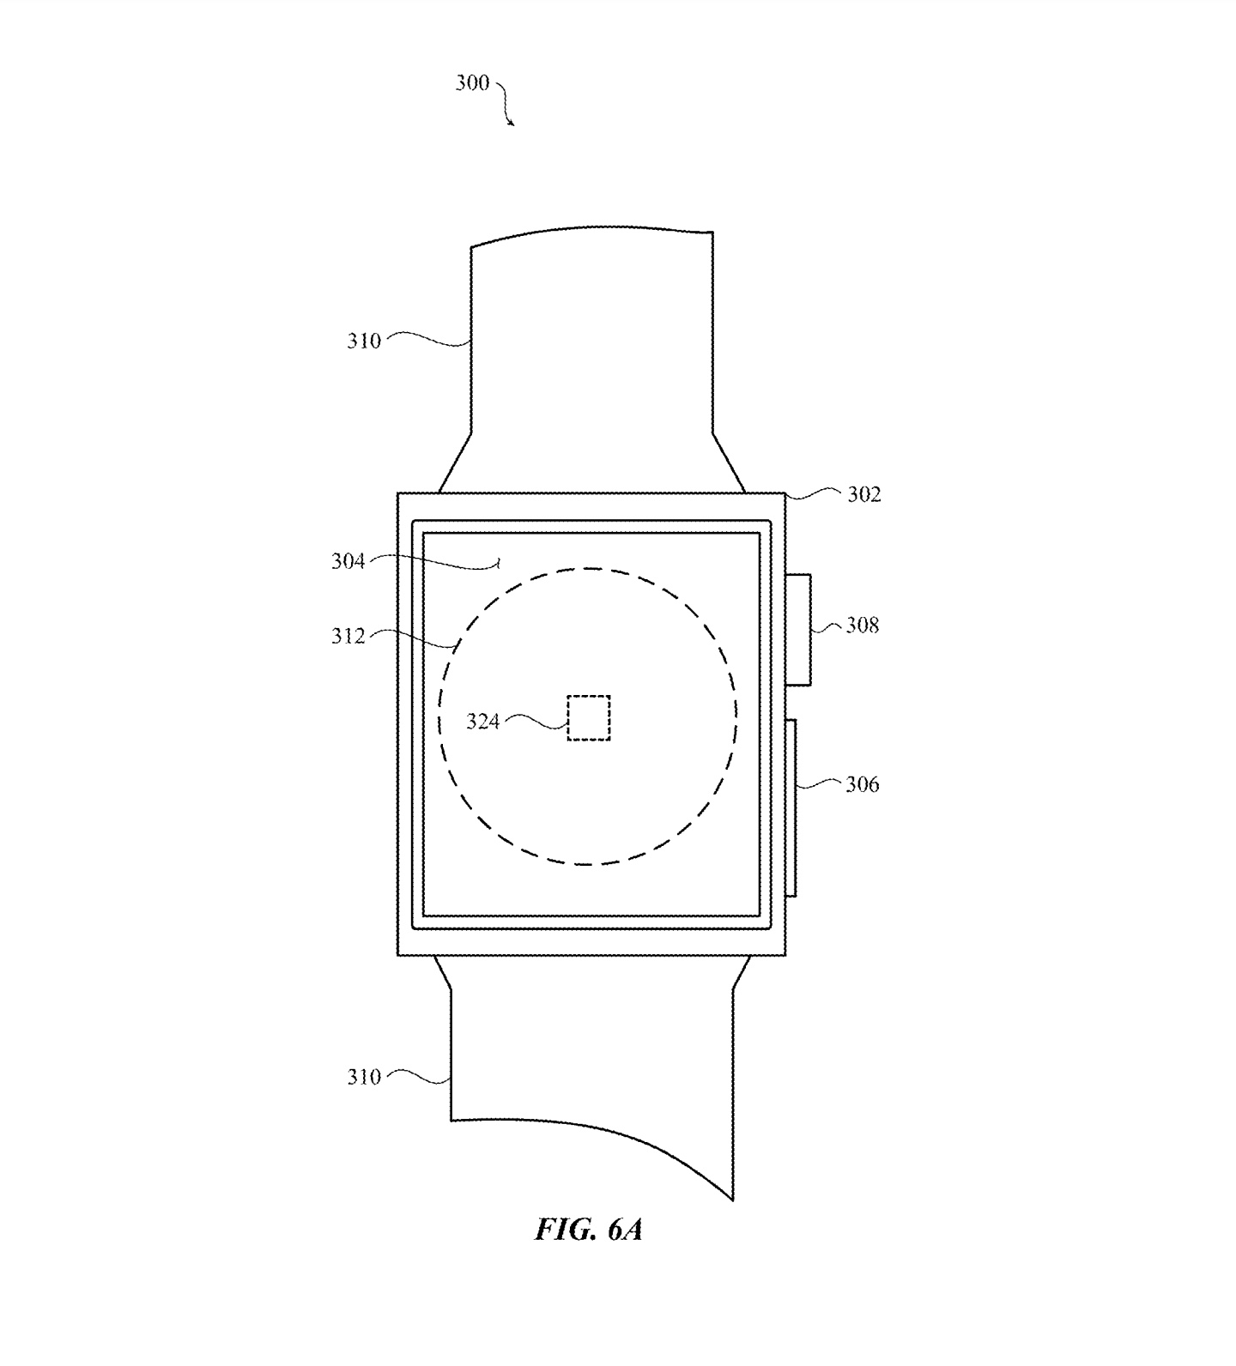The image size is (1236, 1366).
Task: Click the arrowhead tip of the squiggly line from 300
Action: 514,126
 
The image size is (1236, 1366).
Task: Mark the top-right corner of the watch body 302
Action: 785,493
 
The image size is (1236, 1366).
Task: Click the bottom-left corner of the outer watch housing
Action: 397,955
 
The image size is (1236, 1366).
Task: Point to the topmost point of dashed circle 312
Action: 588,568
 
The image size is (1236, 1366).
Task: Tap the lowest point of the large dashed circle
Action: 588,864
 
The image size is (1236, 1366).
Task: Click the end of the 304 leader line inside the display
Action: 500,563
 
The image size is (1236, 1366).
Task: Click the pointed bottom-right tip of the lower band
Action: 733,1200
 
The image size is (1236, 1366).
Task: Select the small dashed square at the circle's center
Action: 589,717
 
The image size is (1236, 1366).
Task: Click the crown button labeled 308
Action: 798,630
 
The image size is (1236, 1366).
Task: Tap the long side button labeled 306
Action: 791,807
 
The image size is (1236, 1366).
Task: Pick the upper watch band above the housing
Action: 591,360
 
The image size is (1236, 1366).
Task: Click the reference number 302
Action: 864,495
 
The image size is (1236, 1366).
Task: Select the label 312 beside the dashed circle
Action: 348,636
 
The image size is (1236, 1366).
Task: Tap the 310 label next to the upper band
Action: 364,341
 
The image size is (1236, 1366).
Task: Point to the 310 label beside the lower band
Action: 364,1077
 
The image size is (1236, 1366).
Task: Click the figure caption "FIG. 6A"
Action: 589,1230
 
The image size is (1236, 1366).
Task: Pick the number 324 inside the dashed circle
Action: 483,722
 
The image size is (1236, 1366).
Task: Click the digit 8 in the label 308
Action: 874,626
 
